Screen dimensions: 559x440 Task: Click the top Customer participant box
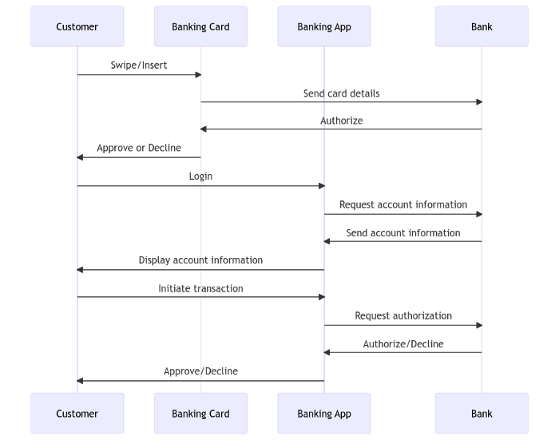77,26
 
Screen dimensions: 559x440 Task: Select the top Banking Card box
200,26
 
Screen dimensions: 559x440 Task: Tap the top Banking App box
324,26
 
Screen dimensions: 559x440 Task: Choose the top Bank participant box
482,26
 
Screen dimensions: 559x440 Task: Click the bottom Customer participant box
77,414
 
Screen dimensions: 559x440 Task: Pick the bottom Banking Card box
200,414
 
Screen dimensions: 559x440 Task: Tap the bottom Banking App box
324,414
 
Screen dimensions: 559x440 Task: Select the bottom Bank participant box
482,414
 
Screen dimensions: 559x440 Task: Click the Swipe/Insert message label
139,65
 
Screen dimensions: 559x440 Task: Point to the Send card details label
342,93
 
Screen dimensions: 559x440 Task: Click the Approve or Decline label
139,148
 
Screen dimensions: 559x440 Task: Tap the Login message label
200,176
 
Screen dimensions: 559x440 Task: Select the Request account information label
403,204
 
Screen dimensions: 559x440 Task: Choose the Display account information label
200,260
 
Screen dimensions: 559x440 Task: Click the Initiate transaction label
200,288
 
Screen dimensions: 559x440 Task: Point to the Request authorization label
403,316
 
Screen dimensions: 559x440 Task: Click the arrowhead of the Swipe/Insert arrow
199,74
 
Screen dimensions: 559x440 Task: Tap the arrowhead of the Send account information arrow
327,241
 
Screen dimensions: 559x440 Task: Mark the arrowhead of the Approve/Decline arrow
80,381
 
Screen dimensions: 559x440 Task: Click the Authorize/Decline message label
403,344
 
